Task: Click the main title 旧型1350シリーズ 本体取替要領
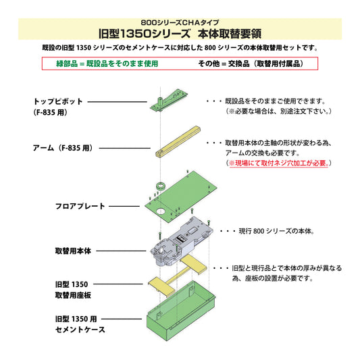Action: tap(180, 32)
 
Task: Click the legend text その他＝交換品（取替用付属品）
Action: tap(249, 63)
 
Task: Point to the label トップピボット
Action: tap(58, 101)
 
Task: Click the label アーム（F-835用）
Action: tap(61, 147)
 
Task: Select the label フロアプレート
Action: tap(80, 205)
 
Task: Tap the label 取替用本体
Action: tap(73, 250)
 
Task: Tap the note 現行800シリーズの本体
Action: tap(270, 231)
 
